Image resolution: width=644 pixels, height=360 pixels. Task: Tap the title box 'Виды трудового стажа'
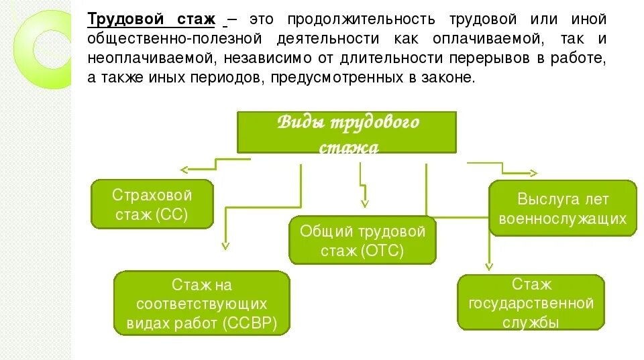[x=346, y=133]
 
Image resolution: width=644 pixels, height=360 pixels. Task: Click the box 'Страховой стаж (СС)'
[x=152, y=204]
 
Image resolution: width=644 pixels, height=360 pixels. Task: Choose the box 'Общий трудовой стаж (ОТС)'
[x=362, y=241]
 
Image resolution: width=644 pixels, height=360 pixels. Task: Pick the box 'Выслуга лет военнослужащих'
[x=563, y=208]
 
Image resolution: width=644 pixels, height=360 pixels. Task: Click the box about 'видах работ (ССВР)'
[x=201, y=304]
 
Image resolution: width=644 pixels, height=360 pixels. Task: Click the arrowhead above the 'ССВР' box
[x=226, y=246]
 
